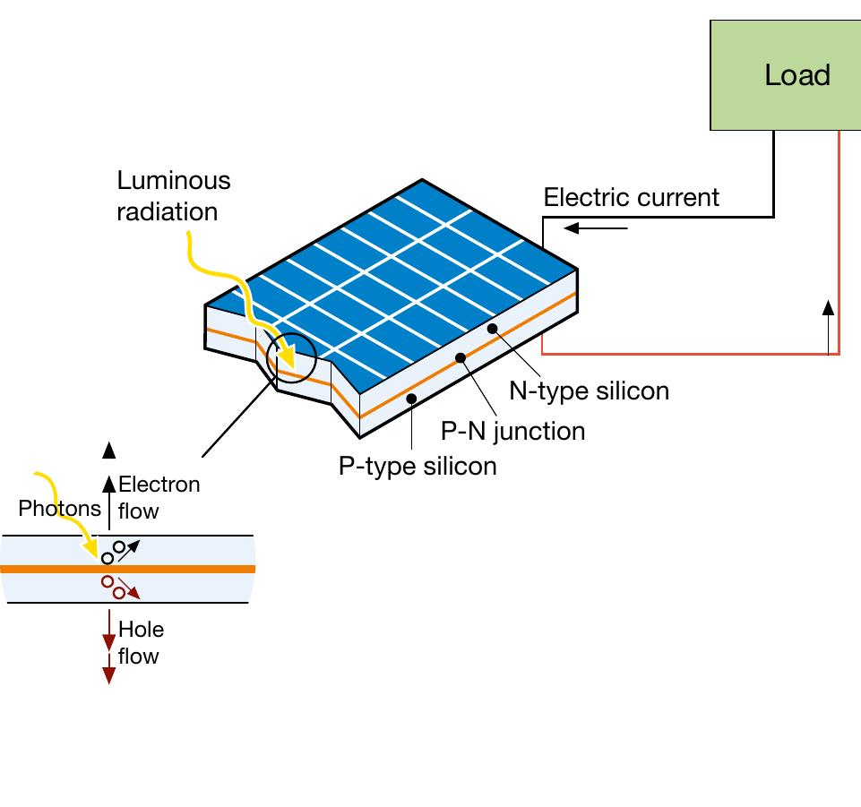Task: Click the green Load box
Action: tap(785, 75)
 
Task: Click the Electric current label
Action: tap(631, 197)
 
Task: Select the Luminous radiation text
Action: tap(173, 195)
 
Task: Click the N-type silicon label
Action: tap(589, 391)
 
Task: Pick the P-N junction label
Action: tap(512, 431)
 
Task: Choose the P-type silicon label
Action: tap(417, 466)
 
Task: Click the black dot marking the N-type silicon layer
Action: tap(492, 329)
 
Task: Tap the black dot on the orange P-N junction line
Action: tap(461, 358)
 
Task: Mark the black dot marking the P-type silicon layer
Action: tap(411, 398)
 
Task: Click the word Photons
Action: tap(60, 509)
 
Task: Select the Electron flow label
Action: tap(159, 498)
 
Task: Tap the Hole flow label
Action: tap(141, 643)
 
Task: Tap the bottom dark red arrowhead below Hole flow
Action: tap(108, 674)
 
